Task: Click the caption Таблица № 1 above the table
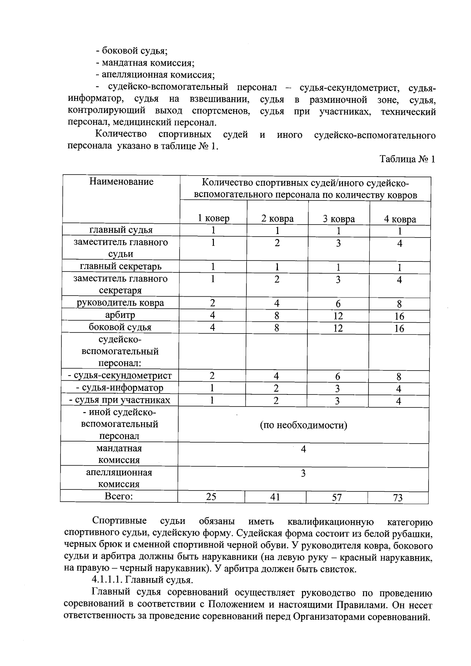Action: pos(407,159)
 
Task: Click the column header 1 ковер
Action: pos(214,218)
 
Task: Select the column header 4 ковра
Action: pos(400,219)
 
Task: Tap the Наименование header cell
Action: pos(121,182)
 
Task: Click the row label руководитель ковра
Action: pos(120,303)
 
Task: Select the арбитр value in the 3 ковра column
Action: pos(338,316)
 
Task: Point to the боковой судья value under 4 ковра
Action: pos(399,328)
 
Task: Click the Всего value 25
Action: pos(211,497)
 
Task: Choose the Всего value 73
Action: pos(398,498)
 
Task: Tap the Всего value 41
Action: pos(276,497)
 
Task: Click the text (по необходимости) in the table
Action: pos(303,425)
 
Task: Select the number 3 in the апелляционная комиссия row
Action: pos(303,474)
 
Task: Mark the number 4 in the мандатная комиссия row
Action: pos(303,449)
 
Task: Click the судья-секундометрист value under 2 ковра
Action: pos(276,376)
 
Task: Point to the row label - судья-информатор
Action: pos(120,388)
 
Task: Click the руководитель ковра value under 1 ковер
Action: pos(212,303)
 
